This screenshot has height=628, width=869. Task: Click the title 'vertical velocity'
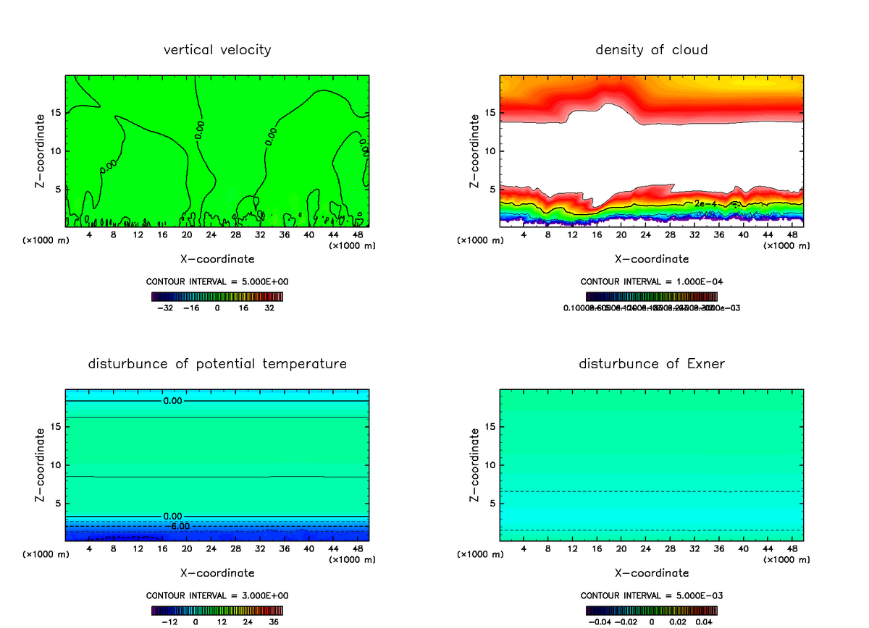(x=217, y=50)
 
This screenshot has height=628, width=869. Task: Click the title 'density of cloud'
(x=652, y=50)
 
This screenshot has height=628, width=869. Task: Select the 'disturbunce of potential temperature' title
(x=217, y=363)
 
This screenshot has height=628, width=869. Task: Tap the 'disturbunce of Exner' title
(x=652, y=363)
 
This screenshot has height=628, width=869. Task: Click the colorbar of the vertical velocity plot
(x=217, y=297)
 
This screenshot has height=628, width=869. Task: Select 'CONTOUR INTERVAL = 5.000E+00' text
(x=217, y=281)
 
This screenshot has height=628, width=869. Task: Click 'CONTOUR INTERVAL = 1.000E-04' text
(x=652, y=281)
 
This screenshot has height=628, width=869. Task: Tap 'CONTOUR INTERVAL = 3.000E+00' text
(x=217, y=595)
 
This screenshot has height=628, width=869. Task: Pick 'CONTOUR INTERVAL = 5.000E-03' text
(x=652, y=595)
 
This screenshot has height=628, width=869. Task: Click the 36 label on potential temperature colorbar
(x=274, y=621)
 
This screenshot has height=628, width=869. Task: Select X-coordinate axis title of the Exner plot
(x=652, y=573)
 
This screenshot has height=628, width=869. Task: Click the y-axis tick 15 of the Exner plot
(x=490, y=427)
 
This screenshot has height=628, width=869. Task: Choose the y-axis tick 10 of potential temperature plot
(x=56, y=465)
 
